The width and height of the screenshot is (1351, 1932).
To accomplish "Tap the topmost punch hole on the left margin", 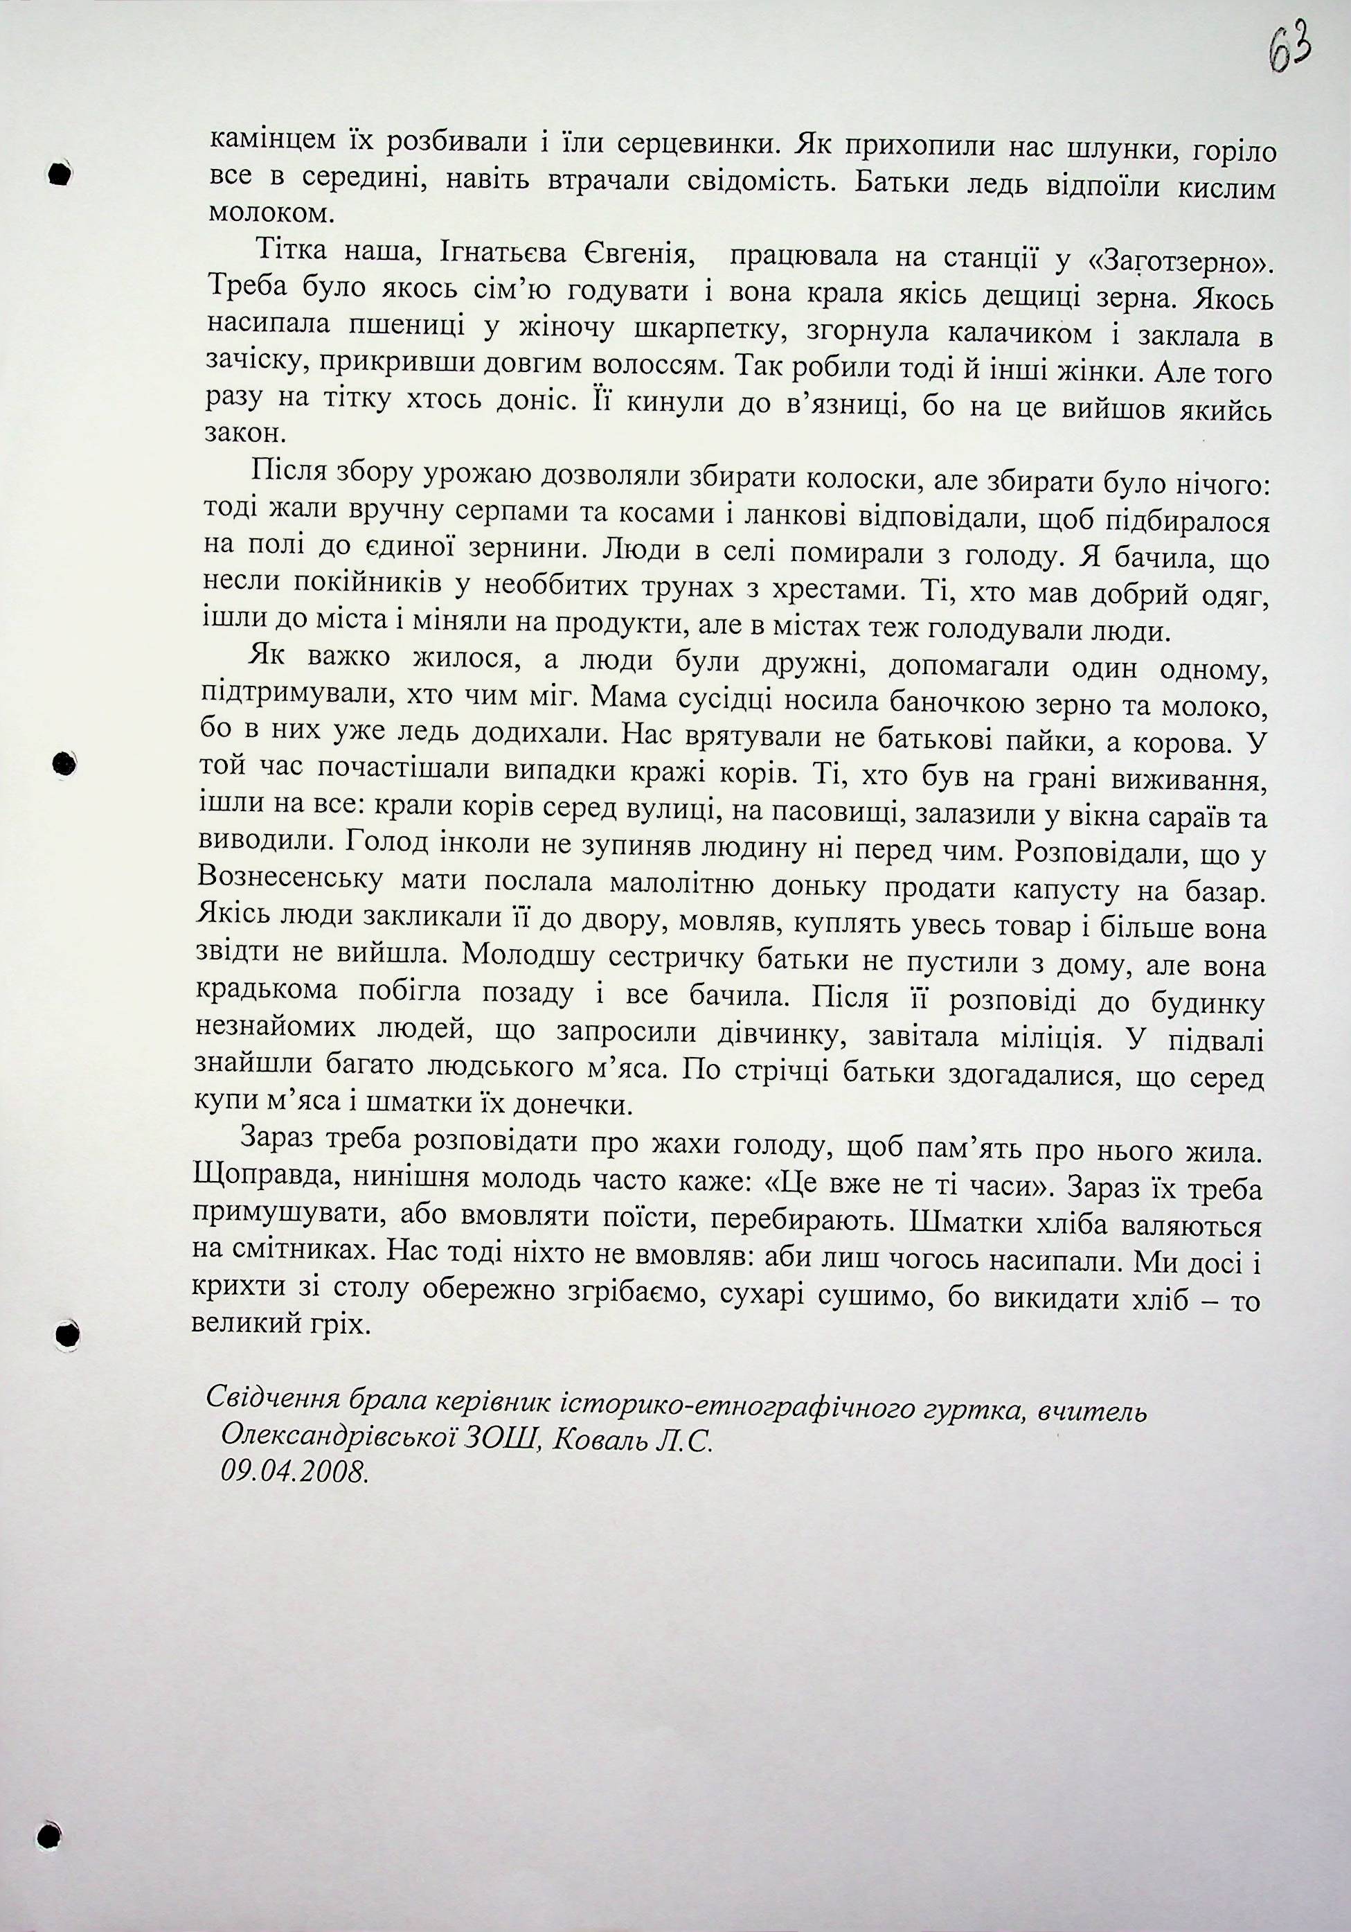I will coord(60,173).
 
